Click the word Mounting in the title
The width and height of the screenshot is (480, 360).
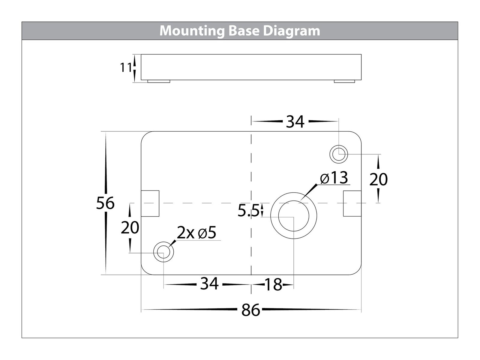[x=192, y=31]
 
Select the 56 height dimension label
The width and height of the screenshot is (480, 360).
[x=105, y=203]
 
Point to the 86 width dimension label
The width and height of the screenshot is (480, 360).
[x=250, y=310]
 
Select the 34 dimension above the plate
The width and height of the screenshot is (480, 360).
[x=295, y=121]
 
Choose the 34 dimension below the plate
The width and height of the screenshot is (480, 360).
[x=209, y=283]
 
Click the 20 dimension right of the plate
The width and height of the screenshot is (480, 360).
[x=379, y=179]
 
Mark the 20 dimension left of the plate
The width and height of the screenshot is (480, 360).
[x=130, y=227]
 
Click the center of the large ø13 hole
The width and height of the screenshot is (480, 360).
[x=294, y=216]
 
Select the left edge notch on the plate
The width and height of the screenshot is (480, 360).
[x=150, y=203]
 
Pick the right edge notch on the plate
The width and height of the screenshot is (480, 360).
[x=352, y=203]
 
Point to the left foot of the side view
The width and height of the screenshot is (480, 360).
[x=159, y=81]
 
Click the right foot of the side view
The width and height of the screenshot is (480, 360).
[x=344, y=81]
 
